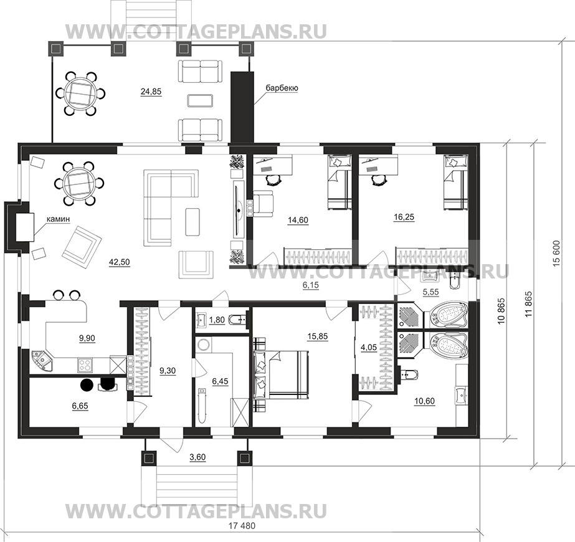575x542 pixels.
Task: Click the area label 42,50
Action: (x=120, y=262)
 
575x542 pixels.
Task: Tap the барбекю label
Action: (x=282, y=88)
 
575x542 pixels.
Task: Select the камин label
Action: (x=58, y=219)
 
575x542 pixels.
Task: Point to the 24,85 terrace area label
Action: (x=151, y=92)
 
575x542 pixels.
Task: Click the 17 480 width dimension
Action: (x=242, y=526)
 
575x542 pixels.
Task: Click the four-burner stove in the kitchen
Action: (x=85, y=365)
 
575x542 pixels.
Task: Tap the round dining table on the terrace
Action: (x=80, y=94)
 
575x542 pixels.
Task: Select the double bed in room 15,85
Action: (x=281, y=374)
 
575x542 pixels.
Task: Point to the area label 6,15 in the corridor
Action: (x=310, y=285)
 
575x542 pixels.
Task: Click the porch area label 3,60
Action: (x=197, y=457)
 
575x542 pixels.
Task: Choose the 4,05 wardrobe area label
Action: (x=369, y=347)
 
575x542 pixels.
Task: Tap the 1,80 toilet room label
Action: (x=217, y=320)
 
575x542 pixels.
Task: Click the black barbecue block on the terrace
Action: (x=242, y=108)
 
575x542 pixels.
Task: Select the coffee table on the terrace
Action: (x=200, y=100)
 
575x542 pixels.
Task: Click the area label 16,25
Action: (x=404, y=217)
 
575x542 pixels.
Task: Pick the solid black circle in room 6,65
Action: (x=87, y=384)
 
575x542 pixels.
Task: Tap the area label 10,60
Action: (x=424, y=401)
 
